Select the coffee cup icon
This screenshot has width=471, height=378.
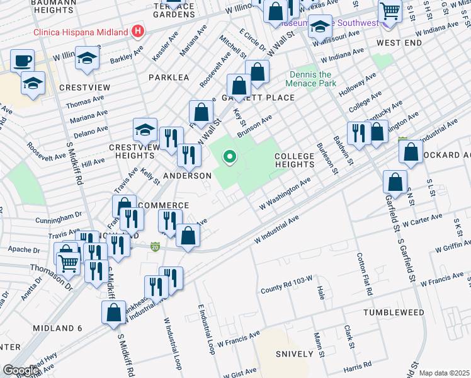[x=23, y=61]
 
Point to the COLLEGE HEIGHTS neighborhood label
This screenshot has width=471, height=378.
[x=294, y=160]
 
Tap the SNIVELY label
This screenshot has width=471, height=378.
[x=295, y=354]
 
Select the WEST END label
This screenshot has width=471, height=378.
[x=399, y=42]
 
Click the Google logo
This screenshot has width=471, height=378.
[x=21, y=370]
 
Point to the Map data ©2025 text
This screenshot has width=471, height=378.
[x=444, y=373]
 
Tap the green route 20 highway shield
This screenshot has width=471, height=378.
[x=156, y=246]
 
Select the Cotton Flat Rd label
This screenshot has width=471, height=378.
[x=365, y=275]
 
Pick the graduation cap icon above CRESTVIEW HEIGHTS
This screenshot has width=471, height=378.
[x=145, y=130]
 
